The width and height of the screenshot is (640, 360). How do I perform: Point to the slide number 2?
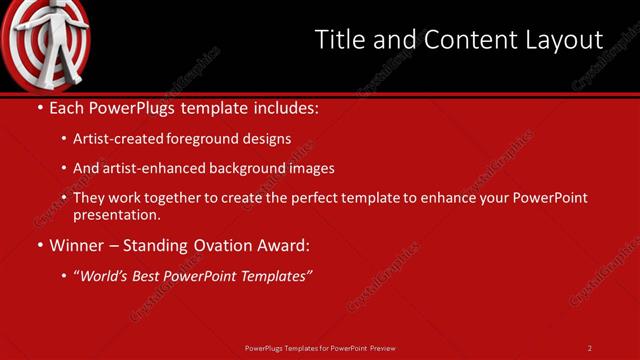click(590, 347)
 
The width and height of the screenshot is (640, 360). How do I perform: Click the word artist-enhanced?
click(155, 168)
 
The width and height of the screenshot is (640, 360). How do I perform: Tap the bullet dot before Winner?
click(39, 245)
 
